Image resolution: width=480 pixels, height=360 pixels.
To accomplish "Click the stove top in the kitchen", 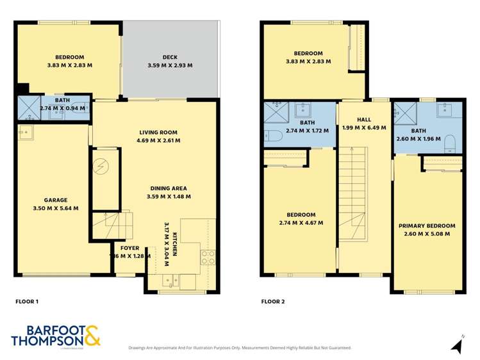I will pos(208,258).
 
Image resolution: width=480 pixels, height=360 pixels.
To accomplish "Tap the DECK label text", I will pos(170,57).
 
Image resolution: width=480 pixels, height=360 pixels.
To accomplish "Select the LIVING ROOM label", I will pos(160,133).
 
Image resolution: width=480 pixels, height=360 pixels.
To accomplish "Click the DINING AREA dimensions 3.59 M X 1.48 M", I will pos(169,196).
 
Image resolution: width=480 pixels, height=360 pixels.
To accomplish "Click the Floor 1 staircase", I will pos(113,225).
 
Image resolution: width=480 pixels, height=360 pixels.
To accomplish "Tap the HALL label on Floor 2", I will pos(364,119).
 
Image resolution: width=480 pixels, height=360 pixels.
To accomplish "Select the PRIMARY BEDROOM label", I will pos(427,225).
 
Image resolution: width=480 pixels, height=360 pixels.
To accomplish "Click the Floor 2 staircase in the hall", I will pos(353,192).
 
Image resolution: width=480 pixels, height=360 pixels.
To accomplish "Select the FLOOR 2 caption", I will pos(273,300).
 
